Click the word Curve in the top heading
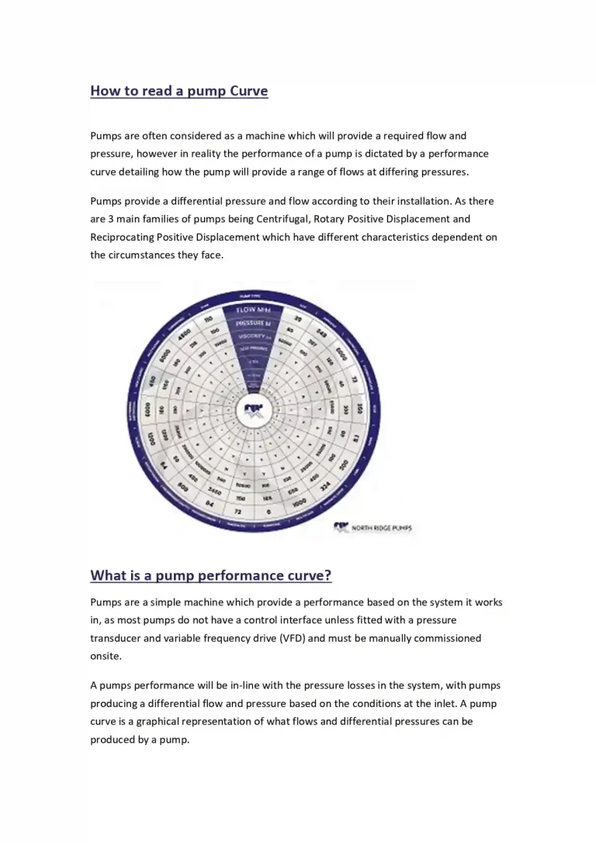click(x=248, y=91)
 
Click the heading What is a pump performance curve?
click(x=211, y=575)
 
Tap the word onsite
click(x=106, y=656)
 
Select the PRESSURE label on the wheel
click(x=254, y=323)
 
